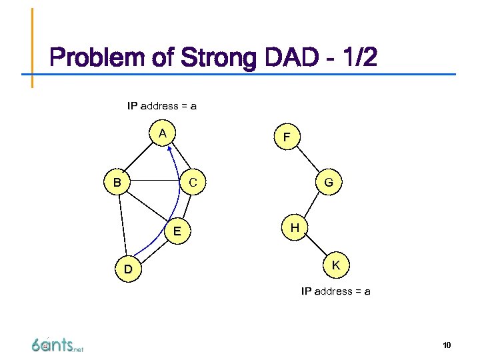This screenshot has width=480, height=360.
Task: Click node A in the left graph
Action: pos(163,133)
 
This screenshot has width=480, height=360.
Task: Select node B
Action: pos(117,181)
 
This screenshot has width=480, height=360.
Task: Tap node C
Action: pos(193,181)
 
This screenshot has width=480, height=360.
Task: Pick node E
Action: pos(177,231)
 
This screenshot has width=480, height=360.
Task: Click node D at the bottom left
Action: pos(127,270)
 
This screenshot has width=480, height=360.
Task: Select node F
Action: pos(286,137)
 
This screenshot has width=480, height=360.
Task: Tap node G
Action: pos(329,181)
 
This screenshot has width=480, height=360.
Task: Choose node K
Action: pos(336,265)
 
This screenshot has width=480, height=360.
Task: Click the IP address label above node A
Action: pos(162,105)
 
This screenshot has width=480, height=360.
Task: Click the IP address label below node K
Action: pos(336,291)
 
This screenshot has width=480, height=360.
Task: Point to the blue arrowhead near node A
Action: pos(170,149)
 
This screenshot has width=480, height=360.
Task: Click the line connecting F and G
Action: pos(307,159)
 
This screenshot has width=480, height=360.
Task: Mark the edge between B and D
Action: pos(121,225)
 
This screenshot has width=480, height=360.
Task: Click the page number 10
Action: pos(447,345)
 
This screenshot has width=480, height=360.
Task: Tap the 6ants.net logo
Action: pos(57,345)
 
